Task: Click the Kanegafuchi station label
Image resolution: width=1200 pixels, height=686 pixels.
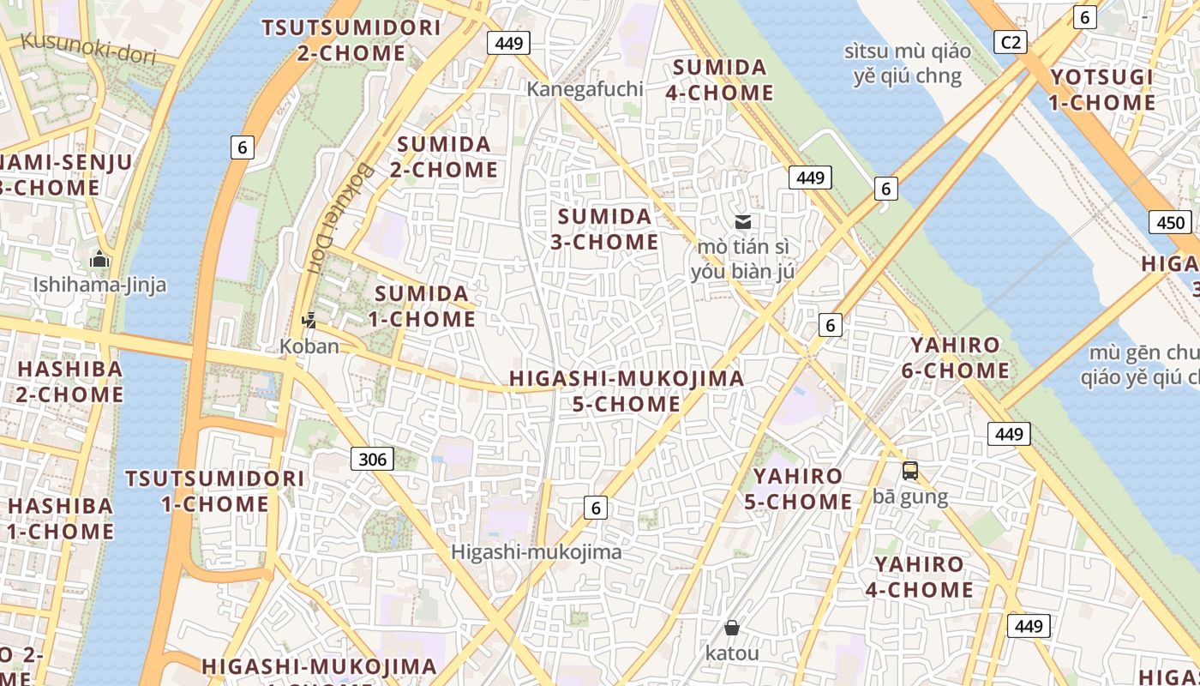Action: click(x=585, y=88)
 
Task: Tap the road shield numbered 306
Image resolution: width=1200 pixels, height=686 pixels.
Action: click(x=372, y=459)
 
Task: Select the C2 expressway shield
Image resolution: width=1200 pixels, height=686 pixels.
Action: click(x=1011, y=41)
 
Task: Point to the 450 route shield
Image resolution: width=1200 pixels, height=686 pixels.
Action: click(x=1170, y=223)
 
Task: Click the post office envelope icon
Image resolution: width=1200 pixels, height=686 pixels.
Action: click(x=743, y=222)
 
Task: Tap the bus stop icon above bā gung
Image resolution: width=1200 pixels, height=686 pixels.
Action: click(x=909, y=471)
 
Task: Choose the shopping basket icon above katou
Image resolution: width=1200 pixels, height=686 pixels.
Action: click(x=732, y=628)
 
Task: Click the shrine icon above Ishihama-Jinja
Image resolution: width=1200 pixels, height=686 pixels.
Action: click(x=99, y=259)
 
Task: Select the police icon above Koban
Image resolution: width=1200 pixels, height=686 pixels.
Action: click(x=309, y=322)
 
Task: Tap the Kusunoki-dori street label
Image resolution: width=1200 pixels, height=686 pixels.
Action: click(x=88, y=48)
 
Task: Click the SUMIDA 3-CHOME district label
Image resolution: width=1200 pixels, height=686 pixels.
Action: click(x=604, y=229)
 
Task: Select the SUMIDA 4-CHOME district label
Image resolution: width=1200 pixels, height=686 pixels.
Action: click(x=719, y=80)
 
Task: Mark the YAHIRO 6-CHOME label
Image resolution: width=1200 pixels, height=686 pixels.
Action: click(x=955, y=358)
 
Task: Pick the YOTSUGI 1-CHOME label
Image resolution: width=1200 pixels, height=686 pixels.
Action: click(x=1102, y=90)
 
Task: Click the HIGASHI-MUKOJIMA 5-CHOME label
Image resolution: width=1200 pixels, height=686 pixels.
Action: click(x=627, y=391)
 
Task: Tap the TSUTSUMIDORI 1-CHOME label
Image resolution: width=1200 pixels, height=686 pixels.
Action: click(x=215, y=490)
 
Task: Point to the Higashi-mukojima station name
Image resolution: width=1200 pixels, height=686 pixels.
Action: click(x=537, y=552)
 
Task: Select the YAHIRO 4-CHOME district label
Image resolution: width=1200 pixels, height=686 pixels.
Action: click(x=919, y=577)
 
